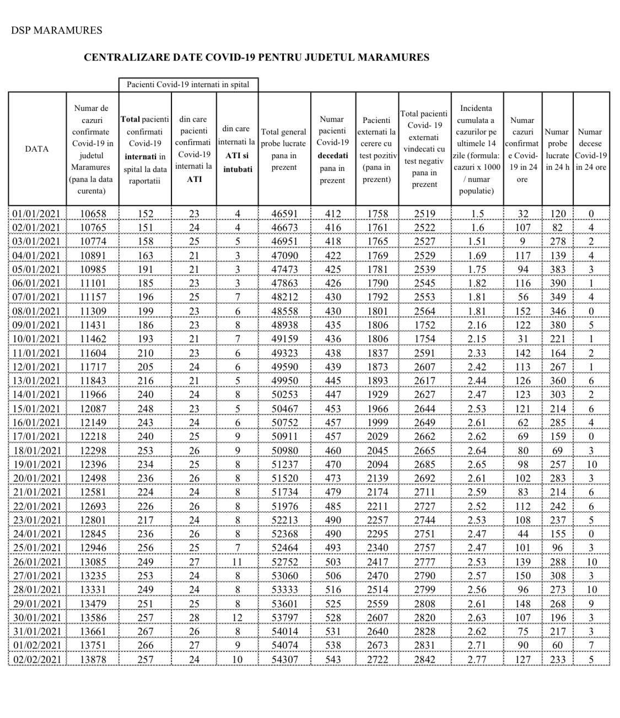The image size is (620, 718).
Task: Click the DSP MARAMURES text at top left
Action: coord(56,30)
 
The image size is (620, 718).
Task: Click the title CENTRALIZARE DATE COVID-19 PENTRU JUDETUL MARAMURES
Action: coord(256,57)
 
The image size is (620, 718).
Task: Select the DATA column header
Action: coord(36,149)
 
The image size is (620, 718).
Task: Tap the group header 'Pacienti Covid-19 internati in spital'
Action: coord(188,84)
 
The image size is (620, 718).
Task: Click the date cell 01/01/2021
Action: coord(36,214)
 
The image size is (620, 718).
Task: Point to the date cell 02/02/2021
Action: coord(36,659)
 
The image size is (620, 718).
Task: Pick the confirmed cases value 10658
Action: coord(93,214)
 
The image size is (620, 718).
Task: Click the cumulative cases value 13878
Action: coord(93,659)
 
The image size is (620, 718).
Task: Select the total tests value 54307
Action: coord(284,659)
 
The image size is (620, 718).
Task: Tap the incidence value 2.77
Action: coord(477,659)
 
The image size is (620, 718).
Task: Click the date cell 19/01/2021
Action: coord(36,465)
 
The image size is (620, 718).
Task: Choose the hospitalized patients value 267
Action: coord(144,631)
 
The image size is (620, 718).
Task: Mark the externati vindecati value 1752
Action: coord(424,325)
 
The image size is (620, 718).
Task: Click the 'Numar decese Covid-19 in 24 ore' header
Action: coord(591,149)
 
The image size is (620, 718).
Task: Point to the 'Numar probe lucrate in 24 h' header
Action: coord(557,149)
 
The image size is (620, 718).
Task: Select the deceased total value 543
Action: coord(333,659)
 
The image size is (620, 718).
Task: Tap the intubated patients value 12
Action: coord(237,618)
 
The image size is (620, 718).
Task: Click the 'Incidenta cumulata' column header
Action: coord(477,149)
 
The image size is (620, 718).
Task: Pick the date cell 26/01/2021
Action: coord(36,562)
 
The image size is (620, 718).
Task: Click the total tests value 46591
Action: coord(284,214)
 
